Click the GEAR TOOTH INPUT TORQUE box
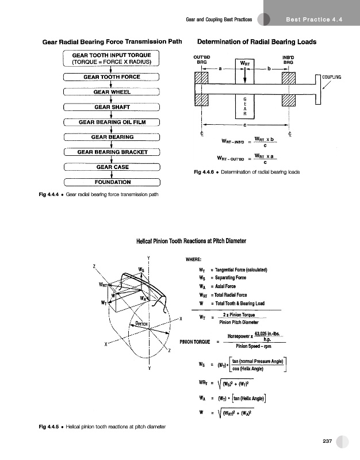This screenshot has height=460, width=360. tap(112, 58)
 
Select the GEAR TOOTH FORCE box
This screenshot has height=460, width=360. tap(112, 76)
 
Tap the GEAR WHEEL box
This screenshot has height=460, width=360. tap(112, 91)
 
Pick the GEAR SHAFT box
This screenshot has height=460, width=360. tap(112, 106)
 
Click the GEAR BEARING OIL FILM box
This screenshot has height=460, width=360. tap(112, 121)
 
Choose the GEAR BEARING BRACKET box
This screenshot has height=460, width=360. tap(112, 152)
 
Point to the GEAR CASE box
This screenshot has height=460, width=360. tap(112, 167)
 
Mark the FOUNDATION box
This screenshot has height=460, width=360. tap(112, 182)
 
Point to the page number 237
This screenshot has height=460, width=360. tap(328, 441)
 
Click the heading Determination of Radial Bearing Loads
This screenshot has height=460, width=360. tap(256, 42)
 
